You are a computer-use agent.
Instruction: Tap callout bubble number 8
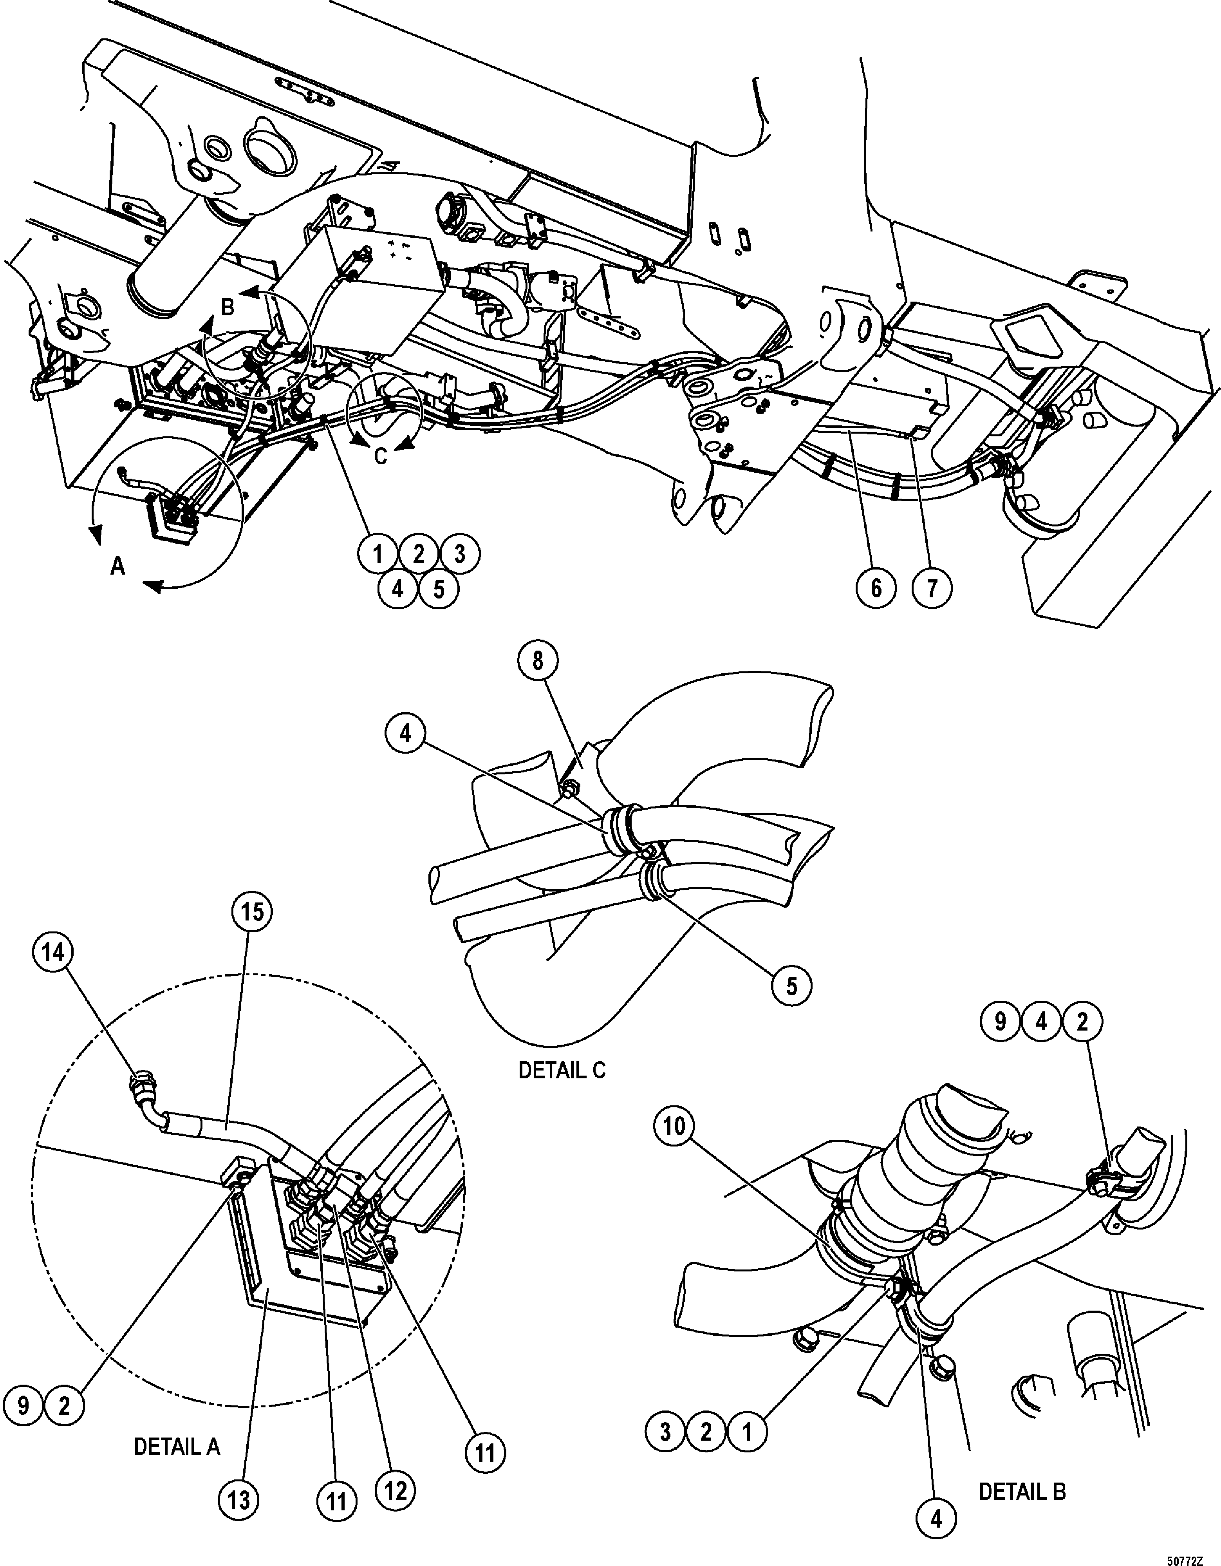[x=538, y=661]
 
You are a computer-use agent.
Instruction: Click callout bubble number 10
[x=674, y=1127]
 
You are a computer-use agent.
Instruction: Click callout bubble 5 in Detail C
[x=791, y=986]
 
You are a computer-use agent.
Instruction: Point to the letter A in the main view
[x=117, y=567]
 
